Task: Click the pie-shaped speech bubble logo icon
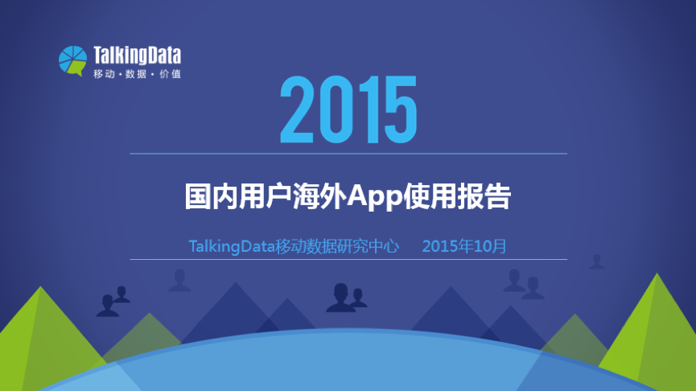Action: (x=72, y=61)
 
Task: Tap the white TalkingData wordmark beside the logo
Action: (x=137, y=56)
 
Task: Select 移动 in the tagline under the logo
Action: (x=105, y=74)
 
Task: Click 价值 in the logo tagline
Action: (x=170, y=74)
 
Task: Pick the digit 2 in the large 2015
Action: (x=297, y=109)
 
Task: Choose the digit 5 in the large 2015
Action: (x=401, y=109)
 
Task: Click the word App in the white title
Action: (x=375, y=196)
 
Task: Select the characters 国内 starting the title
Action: (x=212, y=196)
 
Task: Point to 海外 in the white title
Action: (x=319, y=196)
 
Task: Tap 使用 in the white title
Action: (x=430, y=196)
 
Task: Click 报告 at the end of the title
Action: (x=484, y=196)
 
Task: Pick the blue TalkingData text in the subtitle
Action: (x=232, y=246)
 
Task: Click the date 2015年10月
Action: (x=464, y=246)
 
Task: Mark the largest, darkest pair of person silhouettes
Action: (x=346, y=298)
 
